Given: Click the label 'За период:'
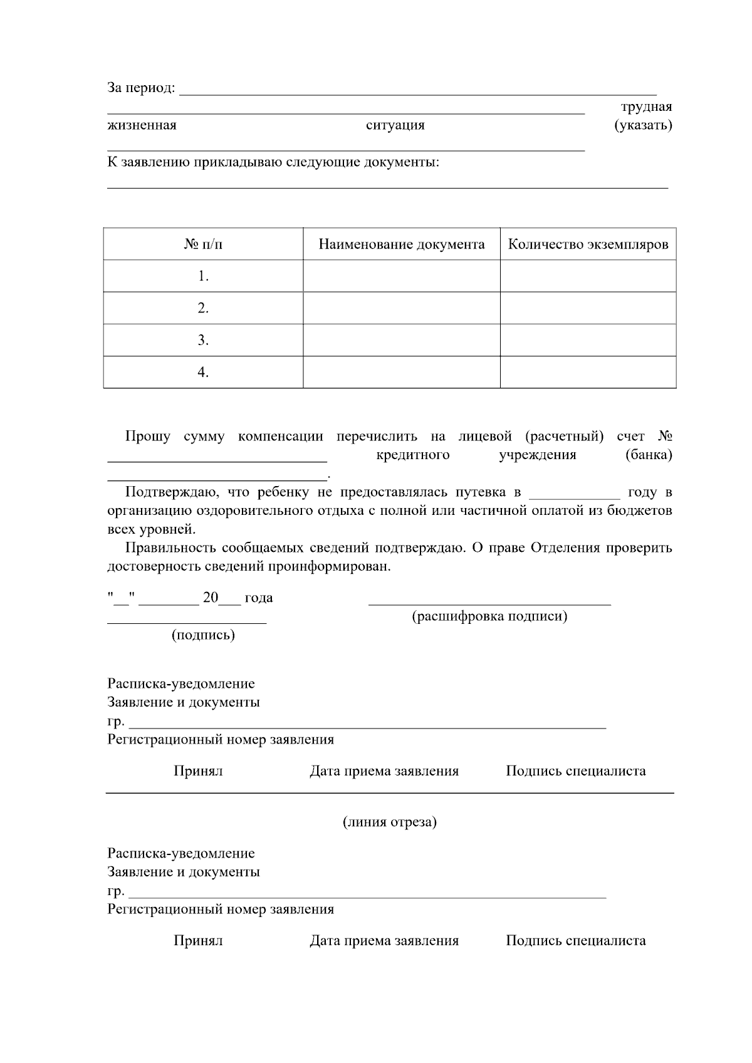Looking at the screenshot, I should click(x=141, y=88).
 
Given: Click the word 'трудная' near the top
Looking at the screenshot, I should click(x=646, y=106).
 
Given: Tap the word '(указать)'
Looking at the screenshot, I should click(x=643, y=125).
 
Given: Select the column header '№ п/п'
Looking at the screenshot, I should click(x=203, y=244).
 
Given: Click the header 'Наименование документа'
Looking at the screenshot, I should click(x=402, y=244).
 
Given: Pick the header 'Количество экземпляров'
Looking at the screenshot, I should click(x=588, y=244).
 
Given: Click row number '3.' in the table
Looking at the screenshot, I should click(x=203, y=340).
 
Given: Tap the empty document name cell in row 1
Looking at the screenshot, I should click(x=402, y=276).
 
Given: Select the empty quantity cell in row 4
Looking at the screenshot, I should click(x=588, y=372).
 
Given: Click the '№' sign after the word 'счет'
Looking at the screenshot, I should click(x=665, y=436).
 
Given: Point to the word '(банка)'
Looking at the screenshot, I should click(x=649, y=455).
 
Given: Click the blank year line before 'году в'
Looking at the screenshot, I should click(x=575, y=494).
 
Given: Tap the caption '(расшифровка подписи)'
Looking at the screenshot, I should click(x=489, y=616).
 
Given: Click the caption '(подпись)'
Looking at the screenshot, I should click(x=203, y=635).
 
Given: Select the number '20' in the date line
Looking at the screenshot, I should click(x=210, y=598).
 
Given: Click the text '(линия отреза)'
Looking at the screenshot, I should click(x=389, y=822).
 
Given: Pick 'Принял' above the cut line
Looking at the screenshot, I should click(x=198, y=771).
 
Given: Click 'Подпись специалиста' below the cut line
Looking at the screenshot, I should click(x=575, y=941).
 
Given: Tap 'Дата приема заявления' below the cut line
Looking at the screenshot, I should click(x=384, y=941).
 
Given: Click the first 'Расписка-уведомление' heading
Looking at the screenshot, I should click(x=181, y=683).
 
